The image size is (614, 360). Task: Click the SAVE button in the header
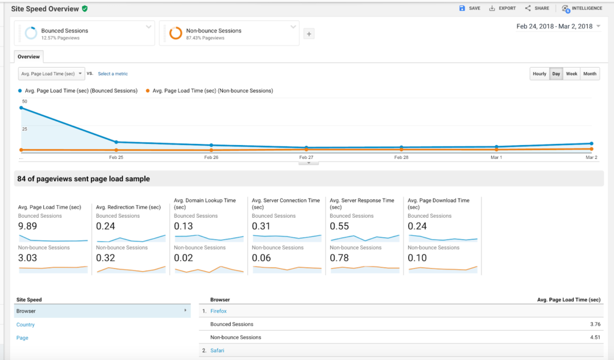click(469, 8)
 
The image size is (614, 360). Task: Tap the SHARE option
click(537, 8)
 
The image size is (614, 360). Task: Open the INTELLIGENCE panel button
click(582, 8)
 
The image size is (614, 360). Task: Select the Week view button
click(571, 74)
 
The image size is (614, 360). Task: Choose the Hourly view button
click(540, 74)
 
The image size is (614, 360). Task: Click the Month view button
click(590, 74)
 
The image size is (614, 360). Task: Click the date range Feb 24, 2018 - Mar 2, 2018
click(554, 26)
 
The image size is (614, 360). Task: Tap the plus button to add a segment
click(309, 34)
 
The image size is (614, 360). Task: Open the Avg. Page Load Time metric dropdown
click(52, 74)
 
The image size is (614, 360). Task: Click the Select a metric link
click(113, 74)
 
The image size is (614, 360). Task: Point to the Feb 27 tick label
click(306, 157)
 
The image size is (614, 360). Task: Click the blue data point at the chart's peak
click(22, 108)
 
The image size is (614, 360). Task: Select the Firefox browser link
click(218, 311)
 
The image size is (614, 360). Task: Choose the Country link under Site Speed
click(26, 325)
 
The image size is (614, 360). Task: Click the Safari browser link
click(217, 350)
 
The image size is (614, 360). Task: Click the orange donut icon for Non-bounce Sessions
click(176, 34)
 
